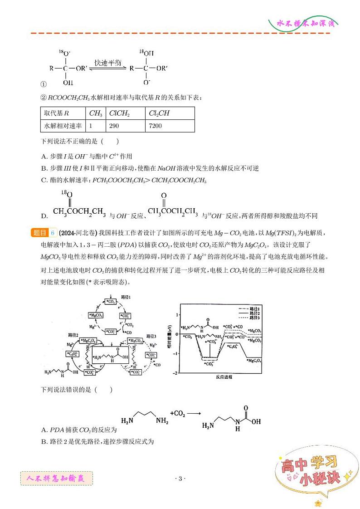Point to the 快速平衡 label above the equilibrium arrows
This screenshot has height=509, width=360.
click(107, 62)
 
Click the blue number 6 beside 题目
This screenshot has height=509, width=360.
click(53, 233)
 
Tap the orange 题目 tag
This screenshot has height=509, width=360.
click(39, 233)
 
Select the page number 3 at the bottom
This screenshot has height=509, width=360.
click(180, 479)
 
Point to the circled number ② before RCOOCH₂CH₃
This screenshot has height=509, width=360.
click(44, 97)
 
